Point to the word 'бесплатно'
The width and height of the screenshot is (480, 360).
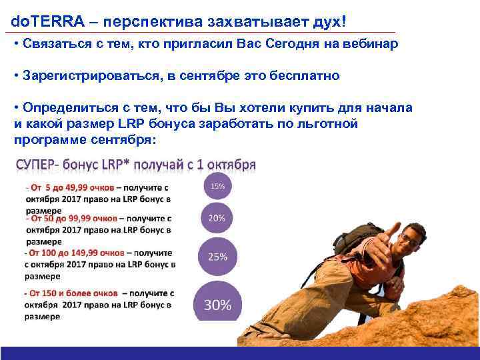tap(305, 76)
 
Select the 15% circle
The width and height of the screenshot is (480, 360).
tap(217, 186)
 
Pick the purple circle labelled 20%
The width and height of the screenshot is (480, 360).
tap(217, 218)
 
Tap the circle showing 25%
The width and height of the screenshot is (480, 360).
tap(218, 257)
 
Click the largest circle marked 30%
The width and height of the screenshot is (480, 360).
tap(217, 305)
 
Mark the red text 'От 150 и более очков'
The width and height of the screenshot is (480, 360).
tap(73, 293)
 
